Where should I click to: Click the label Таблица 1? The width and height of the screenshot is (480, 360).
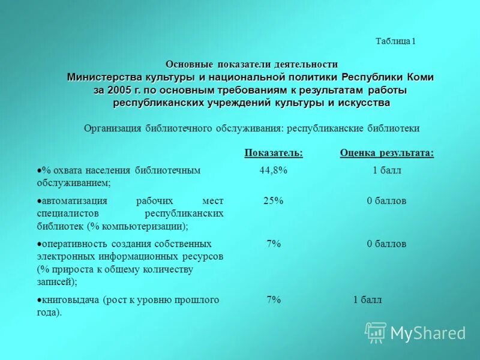[x=395, y=41]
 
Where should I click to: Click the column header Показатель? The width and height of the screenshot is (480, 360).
[x=274, y=153]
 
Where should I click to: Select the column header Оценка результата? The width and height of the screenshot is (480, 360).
[x=387, y=153]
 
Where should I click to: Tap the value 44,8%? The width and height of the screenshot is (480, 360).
[x=274, y=170]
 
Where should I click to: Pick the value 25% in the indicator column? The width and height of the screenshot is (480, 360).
[x=274, y=201]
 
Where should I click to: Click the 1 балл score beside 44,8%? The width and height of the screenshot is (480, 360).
[x=386, y=170]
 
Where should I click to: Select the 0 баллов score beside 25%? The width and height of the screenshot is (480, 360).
[x=386, y=201]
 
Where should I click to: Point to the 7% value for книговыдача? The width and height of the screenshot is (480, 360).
[x=274, y=300]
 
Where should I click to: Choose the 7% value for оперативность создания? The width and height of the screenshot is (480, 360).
[x=274, y=244]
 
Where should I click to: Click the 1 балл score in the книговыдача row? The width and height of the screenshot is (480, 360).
[x=367, y=300]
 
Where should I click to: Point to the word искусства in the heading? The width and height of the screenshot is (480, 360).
[x=364, y=103]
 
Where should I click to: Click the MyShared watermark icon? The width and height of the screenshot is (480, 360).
[x=376, y=331]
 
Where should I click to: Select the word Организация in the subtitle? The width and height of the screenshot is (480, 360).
[x=112, y=128]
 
